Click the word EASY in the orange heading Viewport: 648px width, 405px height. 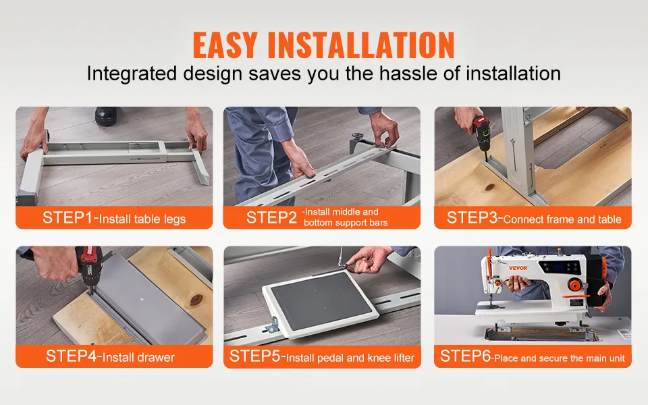point(225,45)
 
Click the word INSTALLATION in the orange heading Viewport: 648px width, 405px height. point(361,45)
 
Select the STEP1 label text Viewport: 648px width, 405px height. point(67,218)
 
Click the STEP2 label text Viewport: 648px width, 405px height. point(271,218)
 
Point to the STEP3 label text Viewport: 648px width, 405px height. point(472,218)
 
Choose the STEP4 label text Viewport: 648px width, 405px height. point(71,356)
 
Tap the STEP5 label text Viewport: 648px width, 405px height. point(255,356)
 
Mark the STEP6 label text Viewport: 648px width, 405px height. point(465,356)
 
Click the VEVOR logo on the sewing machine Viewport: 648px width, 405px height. point(518,268)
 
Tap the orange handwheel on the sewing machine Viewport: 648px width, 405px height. point(574,285)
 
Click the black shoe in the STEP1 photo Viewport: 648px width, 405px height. point(107,116)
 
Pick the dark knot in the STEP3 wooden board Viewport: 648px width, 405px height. point(490,187)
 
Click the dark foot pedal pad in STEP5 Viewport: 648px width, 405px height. point(321,300)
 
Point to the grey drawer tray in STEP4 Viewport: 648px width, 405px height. point(148,296)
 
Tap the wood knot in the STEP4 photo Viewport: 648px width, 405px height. point(196,300)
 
